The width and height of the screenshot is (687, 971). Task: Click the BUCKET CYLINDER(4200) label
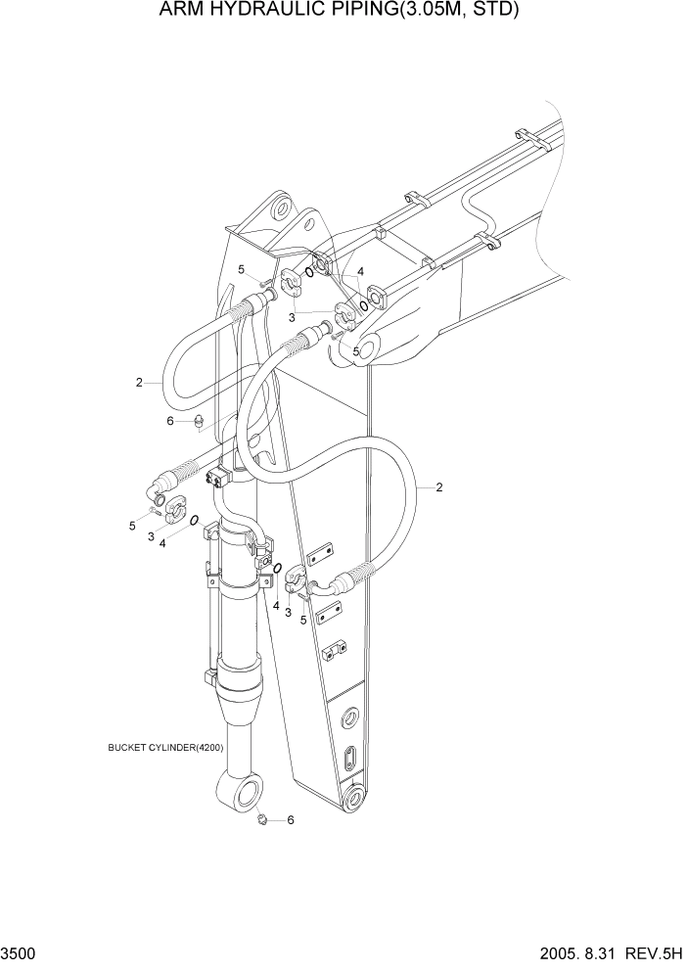coord(166,748)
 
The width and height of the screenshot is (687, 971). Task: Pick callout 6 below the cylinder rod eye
coord(290,821)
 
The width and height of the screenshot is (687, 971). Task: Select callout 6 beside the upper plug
coord(170,421)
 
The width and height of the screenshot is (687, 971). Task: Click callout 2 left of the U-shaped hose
coord(140,382)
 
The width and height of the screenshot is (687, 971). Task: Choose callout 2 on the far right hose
coord(439,486)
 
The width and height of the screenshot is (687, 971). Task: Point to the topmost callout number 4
coord(360,271)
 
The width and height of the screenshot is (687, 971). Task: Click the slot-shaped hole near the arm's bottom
coord(350,760)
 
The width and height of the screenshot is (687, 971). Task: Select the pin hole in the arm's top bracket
coord(282,208)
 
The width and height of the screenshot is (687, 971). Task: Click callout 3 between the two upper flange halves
coord(292,317)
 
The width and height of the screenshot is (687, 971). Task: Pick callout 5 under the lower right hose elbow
coord(304,619)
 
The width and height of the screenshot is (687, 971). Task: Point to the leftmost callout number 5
coord(132,526)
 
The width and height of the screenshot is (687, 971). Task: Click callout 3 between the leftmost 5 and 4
coord(151,536)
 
